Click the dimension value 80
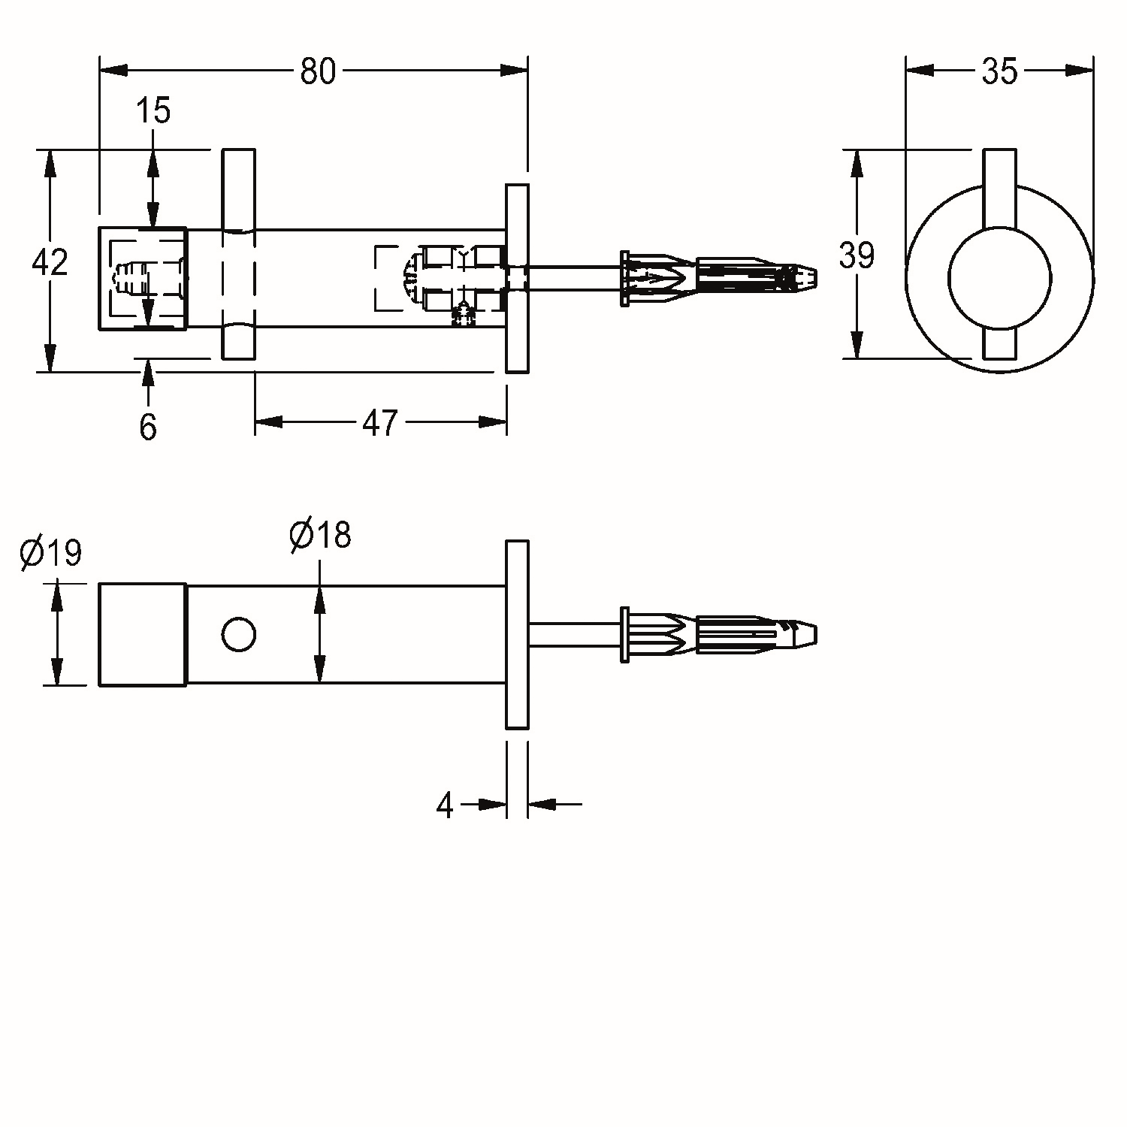click(x=318, y=71)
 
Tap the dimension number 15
click(x=153, y=110)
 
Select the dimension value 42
click(x=50, y=261)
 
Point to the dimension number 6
click(x=148, y=427)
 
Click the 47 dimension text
click(x=379, y=423)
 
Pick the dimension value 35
click(x=999, y=71)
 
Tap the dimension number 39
click(x=857, y=255)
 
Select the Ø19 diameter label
click(x=51, y=553)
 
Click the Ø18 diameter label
click(x=320, y=535)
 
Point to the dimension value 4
click(x=446, y=805)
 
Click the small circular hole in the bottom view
click(x=239, y=635)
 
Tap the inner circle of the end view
click(x=999, y=278)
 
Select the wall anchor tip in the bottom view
click(x=807, y=635)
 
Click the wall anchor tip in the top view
click(x=807, y=278)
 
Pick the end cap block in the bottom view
click(x=143, y=634)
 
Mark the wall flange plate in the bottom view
click(x=517, y=634)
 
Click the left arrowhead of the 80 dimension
click(x=113, y=70)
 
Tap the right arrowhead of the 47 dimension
click(x=493, y=421)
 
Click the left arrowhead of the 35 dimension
click(x=920, y=71)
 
